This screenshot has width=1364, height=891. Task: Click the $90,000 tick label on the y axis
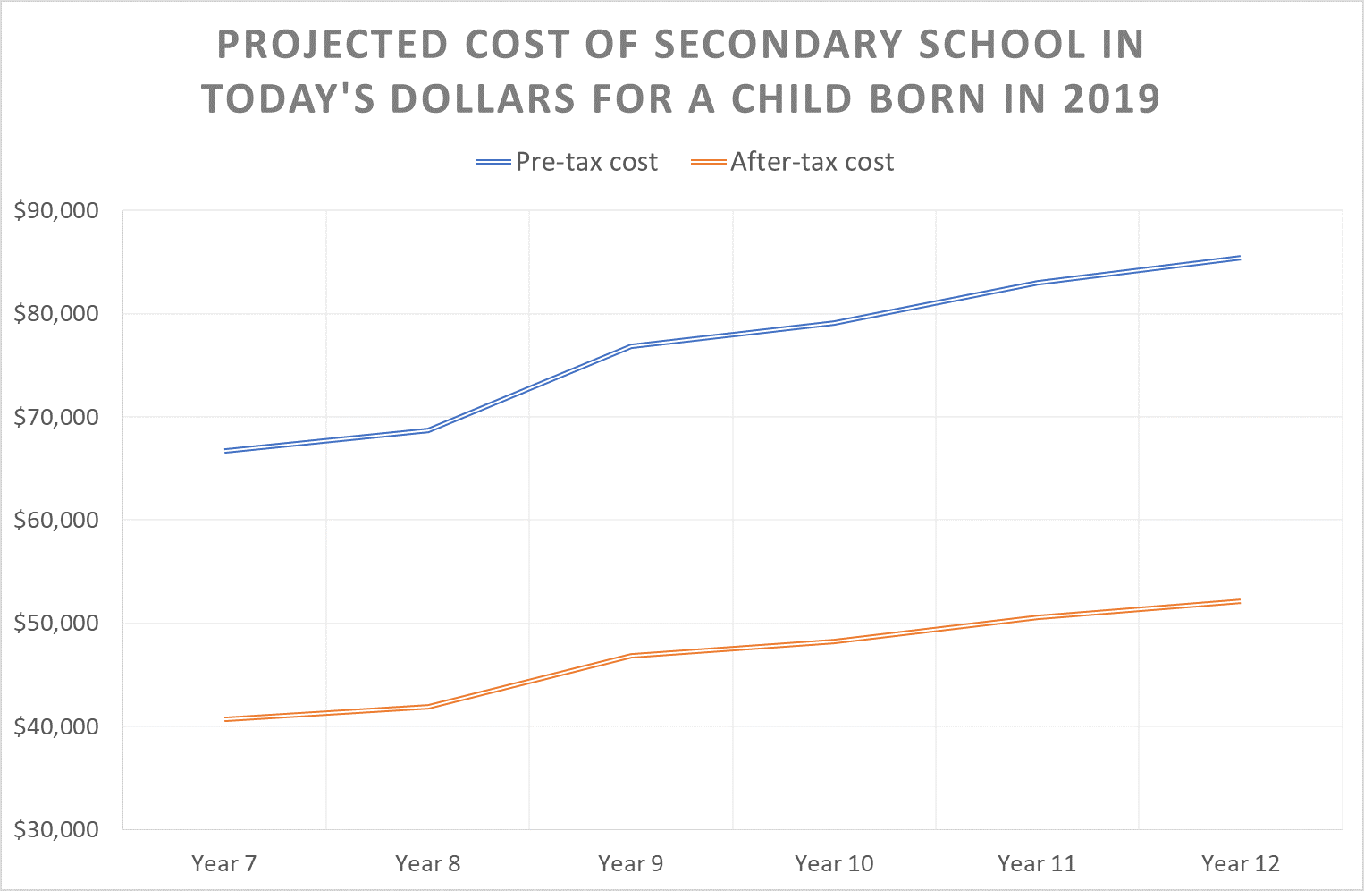point(55,211)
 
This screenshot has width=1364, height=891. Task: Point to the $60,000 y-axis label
point(55,520)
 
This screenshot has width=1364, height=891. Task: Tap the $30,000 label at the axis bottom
point(55,829)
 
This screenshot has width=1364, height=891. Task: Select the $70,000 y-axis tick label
point(55,417)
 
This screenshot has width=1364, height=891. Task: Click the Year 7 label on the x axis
point(223,863)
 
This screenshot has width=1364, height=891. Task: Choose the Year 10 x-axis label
point(834,863)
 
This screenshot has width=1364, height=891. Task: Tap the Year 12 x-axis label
point(1241,863)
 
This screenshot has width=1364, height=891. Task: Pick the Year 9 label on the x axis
point(631,863)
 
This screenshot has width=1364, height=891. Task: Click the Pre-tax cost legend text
point(586,162)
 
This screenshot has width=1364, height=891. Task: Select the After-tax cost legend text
point(812,162)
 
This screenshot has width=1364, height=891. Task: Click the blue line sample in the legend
point(493,162)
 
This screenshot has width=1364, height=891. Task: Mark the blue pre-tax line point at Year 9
point(631,345)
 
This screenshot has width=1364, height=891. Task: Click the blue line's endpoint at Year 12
point(1240,258)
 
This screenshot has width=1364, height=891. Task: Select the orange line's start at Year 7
point(224,718)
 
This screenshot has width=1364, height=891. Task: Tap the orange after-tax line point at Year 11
point(1037,616)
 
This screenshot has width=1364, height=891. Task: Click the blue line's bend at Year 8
point(428,430)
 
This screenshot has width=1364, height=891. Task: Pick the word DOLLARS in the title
point(483,98)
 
